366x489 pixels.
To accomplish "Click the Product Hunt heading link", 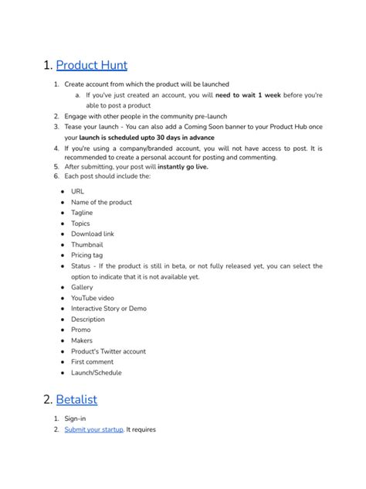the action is [92, 65].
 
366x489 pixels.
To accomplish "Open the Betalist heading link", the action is [76, 399].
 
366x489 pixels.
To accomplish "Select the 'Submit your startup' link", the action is [93, 429].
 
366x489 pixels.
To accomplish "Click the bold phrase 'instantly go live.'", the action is [182, 166].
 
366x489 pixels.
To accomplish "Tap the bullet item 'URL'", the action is [78, 191].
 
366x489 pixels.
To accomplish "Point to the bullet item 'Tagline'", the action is [82, 213].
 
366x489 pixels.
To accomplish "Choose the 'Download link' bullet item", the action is [92, 234].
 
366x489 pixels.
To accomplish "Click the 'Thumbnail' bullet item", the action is [86, 244].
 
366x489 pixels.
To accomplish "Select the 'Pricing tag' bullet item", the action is [88, 255].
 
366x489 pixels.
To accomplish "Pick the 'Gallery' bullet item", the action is [82, 287].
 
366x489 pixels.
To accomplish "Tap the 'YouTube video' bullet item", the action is [93, 298].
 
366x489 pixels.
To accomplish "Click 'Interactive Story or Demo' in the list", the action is [108, 308].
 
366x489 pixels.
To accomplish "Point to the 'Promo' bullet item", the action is [80, 330].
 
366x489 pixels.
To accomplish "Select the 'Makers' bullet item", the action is [82, 340].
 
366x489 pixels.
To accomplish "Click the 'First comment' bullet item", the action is [93, 361].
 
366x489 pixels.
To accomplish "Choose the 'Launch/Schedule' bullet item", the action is [97, 372].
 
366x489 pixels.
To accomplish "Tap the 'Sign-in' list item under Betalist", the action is [75, 419].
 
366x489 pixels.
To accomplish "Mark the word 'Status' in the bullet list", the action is [81, 266].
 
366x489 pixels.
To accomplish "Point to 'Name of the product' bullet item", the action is [101, 202].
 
